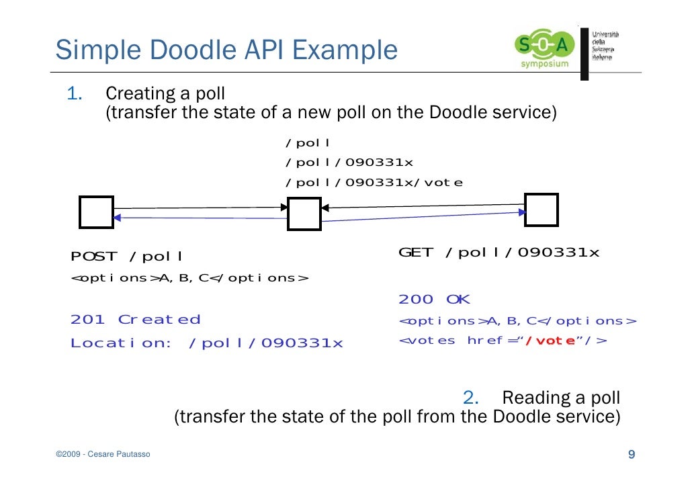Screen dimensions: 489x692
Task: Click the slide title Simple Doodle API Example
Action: pyautogui.click(x=226, y=50)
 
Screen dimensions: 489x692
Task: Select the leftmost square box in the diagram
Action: pyautogui.click(x=96, y=212)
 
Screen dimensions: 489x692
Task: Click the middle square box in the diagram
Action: pyautogui.click(x=304, y=214)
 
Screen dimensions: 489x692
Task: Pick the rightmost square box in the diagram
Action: pyautogui.click(x=541, y=210)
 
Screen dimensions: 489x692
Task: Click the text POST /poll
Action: pyautogui.click(x=127, y=257)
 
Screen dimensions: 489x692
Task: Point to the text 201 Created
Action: pyautogui.click(x=135, y=320)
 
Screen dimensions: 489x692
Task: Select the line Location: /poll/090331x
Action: pyautogui.click(x=206, y=343)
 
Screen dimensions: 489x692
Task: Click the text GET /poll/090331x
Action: pyautogui.click(x=499, y=253)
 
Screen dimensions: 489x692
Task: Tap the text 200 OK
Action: pyautogui.click(x=434, y=300)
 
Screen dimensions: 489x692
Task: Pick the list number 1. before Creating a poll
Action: pyautogui.click(x=74, y=93)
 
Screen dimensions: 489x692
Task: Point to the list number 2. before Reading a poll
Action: pyautogui.click(x=470, y=397)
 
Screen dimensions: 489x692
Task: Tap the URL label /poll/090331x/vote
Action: pyautogui.click(x=374, y=183)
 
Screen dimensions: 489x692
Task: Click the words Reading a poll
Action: pyautogui.click(x=561, y=397)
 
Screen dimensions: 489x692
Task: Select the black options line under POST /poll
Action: pyautogui.click(x=189, y=278)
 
